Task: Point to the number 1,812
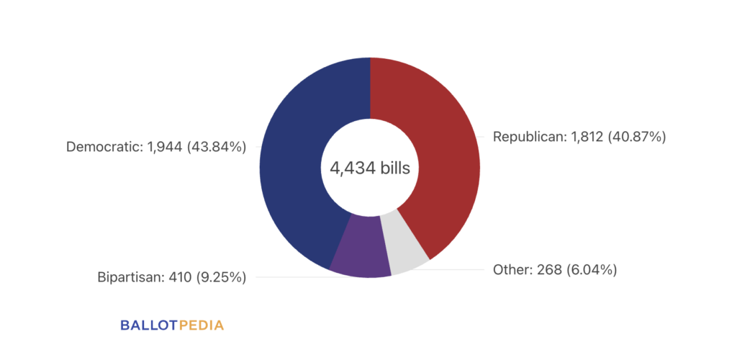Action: coord(584,138)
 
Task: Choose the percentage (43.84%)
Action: coord(216,147)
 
